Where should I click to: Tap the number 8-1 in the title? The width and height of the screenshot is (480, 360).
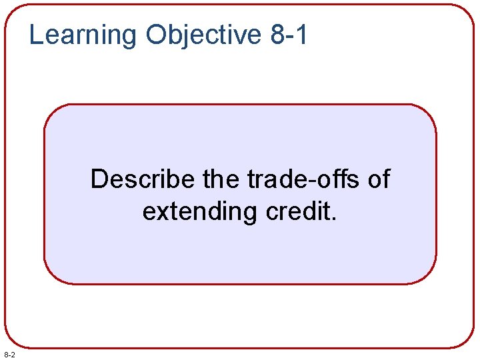pyautogui.click(x=290, y=35)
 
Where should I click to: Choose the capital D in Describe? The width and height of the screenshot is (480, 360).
pyautogui.click(x=99, y=179)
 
